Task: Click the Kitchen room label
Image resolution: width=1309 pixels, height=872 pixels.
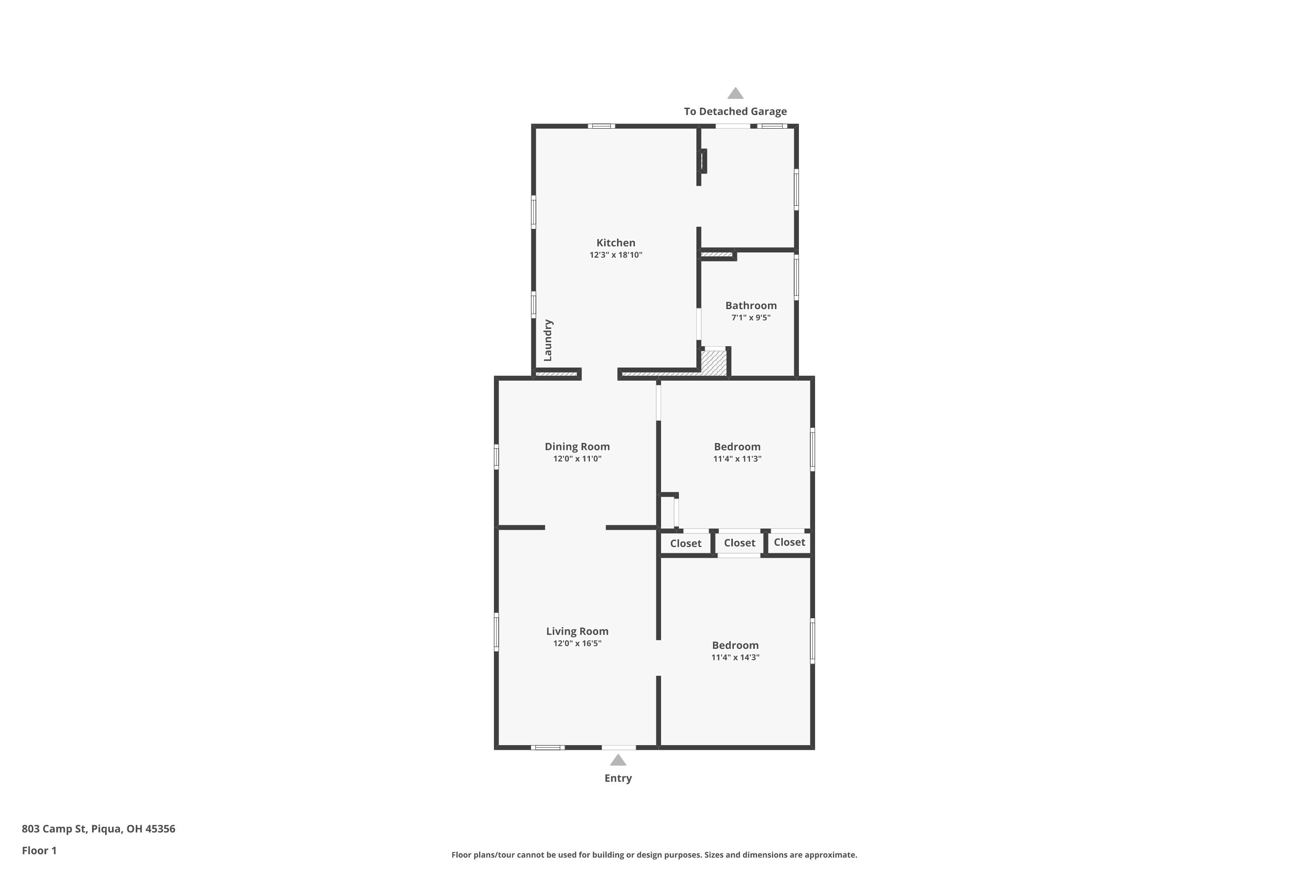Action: coord(616,242)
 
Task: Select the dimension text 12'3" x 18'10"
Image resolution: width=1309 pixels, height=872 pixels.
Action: coord(616,255)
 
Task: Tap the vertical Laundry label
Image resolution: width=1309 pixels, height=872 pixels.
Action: coord(548,340)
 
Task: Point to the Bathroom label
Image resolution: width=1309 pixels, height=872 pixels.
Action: coord(751,305)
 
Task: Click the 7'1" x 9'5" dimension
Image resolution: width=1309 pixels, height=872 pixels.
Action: coord(751,317)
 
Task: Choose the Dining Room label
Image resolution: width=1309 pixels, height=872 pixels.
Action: coord(577,446)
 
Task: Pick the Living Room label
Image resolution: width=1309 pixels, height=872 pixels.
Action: coord(577,631)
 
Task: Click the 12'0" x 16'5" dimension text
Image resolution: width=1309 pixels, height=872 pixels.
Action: coord(577,644)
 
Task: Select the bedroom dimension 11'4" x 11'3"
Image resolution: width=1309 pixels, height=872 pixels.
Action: coord(737,459)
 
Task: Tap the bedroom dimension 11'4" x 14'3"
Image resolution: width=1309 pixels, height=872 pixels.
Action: coord(735,657)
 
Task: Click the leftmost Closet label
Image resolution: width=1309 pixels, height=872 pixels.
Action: coord(685,543)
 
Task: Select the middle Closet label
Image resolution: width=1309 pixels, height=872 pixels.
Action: coord(739,543)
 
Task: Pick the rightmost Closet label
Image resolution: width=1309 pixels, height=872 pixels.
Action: coord(789,542)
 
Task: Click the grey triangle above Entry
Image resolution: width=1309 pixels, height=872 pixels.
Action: coord(618,760)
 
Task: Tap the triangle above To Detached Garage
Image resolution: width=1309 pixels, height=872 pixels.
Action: coord(735,94)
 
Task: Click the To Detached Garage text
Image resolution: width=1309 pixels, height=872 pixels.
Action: coord(735,111)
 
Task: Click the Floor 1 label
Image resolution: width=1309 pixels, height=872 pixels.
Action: coord(39,850)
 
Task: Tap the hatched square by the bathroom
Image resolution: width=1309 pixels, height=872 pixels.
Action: coord(713,363)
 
